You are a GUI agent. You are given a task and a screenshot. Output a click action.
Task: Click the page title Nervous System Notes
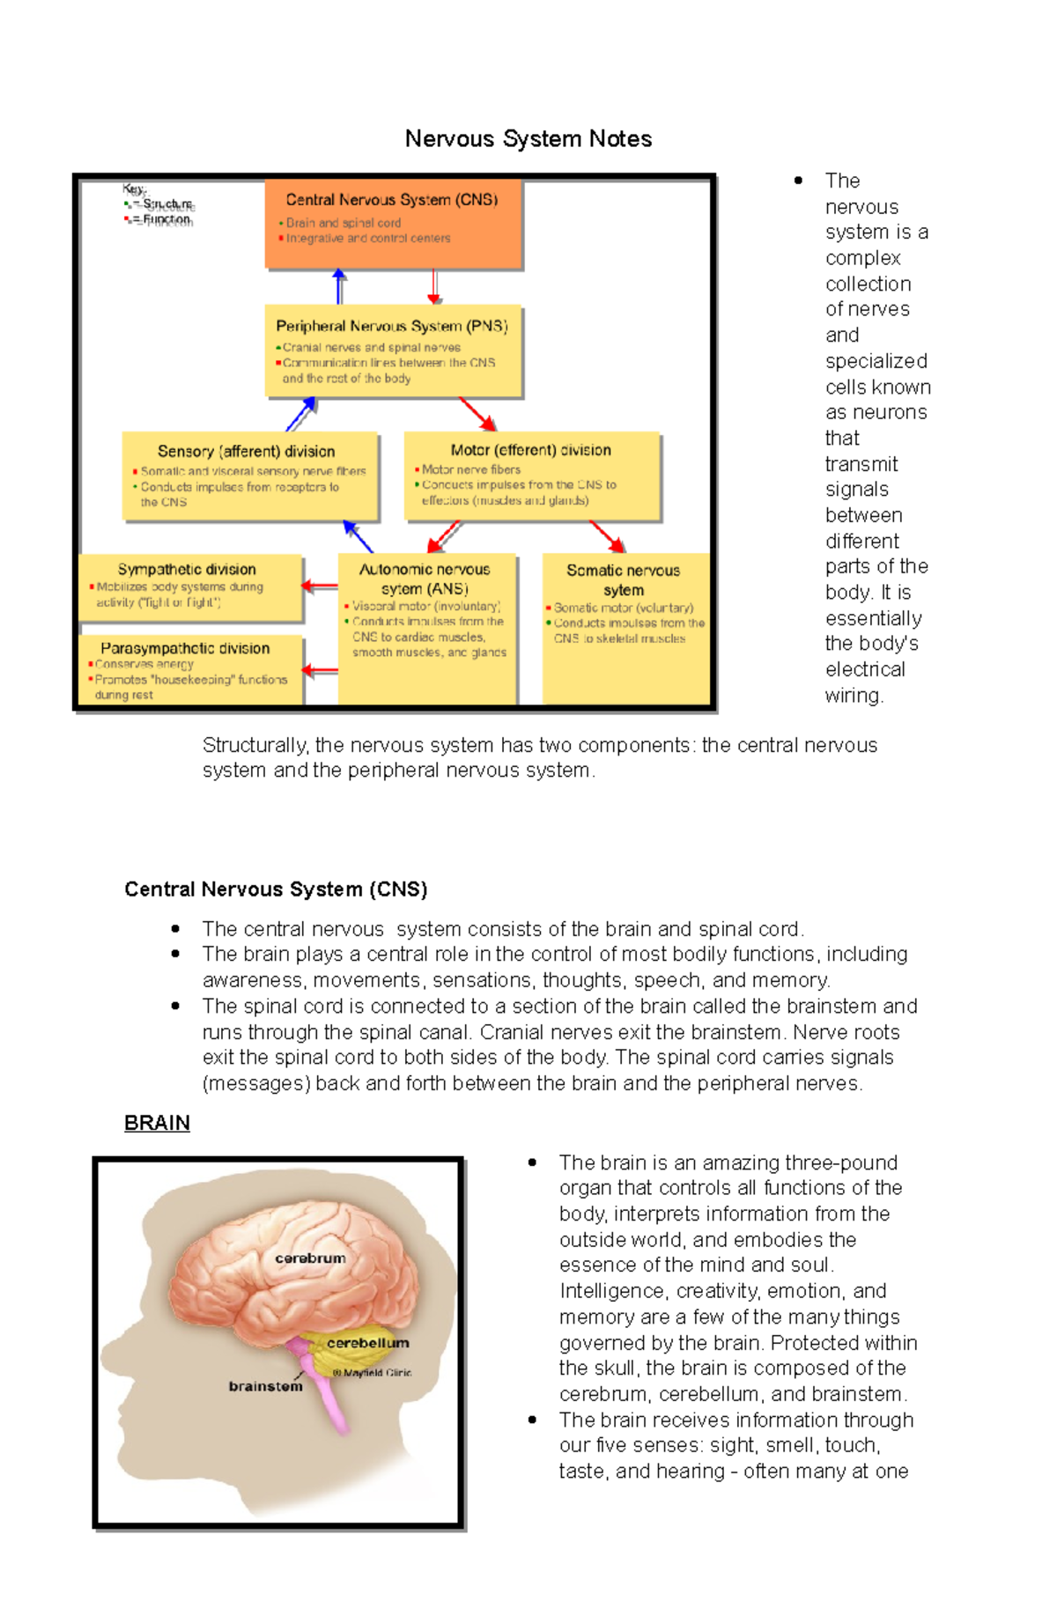tap(528, 139)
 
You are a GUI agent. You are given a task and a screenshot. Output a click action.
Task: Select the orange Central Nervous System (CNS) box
tap(393, 224)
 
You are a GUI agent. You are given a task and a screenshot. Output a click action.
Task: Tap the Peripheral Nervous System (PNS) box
tap(393, 351)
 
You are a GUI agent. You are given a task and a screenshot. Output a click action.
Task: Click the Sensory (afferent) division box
tap(250, 476)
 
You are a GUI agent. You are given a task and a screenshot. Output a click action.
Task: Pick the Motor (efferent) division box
tap(531, 475)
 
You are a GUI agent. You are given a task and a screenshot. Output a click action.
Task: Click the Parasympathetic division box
tap(189, 670)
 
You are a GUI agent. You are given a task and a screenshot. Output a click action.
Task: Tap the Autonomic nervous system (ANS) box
tap(426, 627)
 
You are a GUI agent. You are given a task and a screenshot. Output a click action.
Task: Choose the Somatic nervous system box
tap(625, 627)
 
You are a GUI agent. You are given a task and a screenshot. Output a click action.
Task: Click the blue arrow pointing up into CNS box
tap(339, 287)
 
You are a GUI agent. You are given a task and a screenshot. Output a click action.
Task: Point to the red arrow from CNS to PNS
tap(433, 287)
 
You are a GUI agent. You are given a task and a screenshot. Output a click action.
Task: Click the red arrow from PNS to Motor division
tap(477, 414)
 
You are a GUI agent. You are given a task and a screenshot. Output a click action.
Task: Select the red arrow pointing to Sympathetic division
tap(320, 586)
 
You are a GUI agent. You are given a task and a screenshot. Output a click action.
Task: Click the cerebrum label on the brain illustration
tap(310, 1258)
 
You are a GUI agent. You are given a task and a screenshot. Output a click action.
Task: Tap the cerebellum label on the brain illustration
tap(367, 1343)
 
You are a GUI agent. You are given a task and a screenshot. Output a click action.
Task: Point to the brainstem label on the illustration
tap(265, 1386)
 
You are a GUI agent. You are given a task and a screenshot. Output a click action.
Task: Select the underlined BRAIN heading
tap(157, 1123)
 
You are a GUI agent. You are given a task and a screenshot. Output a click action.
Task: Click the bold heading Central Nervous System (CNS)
tap(276, 889)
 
